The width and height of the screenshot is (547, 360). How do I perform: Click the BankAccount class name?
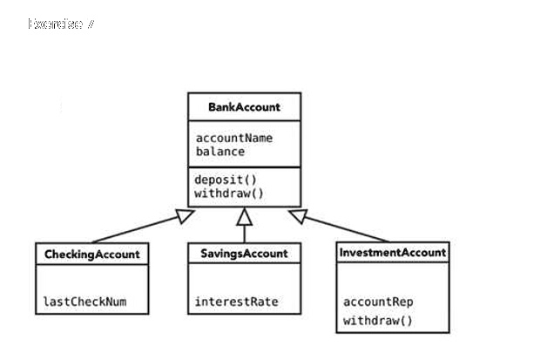pyautogui.click(x=244, y=107)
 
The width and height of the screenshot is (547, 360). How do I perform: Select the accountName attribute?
pyautogui.click(x=233, y=138)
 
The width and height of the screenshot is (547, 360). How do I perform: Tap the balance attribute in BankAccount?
pyautogui.click(x=219, y=151)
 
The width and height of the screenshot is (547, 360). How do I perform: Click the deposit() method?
pyautogui.click(x=226, y=180)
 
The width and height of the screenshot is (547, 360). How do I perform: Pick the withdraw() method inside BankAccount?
pyautogui.click(x=228, y=193)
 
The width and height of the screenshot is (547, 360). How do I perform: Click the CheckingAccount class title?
pyautogui.click(x=91, y=254)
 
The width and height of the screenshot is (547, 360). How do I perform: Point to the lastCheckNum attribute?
pyautogui.click(x=84, y=302)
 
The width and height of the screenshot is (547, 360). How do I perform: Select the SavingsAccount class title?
pyautogui.click(x=244, y=254)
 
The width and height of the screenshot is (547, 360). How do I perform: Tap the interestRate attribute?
pyautogui.click(x=236, y=302)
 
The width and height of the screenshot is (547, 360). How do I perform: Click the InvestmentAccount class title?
pyautogui.click(x=393, y=252)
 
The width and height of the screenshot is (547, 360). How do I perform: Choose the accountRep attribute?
pyautogui.click(x=378, y=302)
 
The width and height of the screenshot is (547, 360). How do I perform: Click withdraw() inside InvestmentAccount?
pyautogui.click(x=377, y=321)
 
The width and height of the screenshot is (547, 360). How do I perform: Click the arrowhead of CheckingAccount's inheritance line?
pyautogui.click(x=186, y=215)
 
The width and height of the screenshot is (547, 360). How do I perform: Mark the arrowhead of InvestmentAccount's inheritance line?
pyautogui.click(x=299, y=214)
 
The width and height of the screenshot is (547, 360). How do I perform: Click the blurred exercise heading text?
pyautogui.click(x=61, y=24)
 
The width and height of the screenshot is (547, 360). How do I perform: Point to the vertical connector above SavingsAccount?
pyautogui.click(x=245, y=233)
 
